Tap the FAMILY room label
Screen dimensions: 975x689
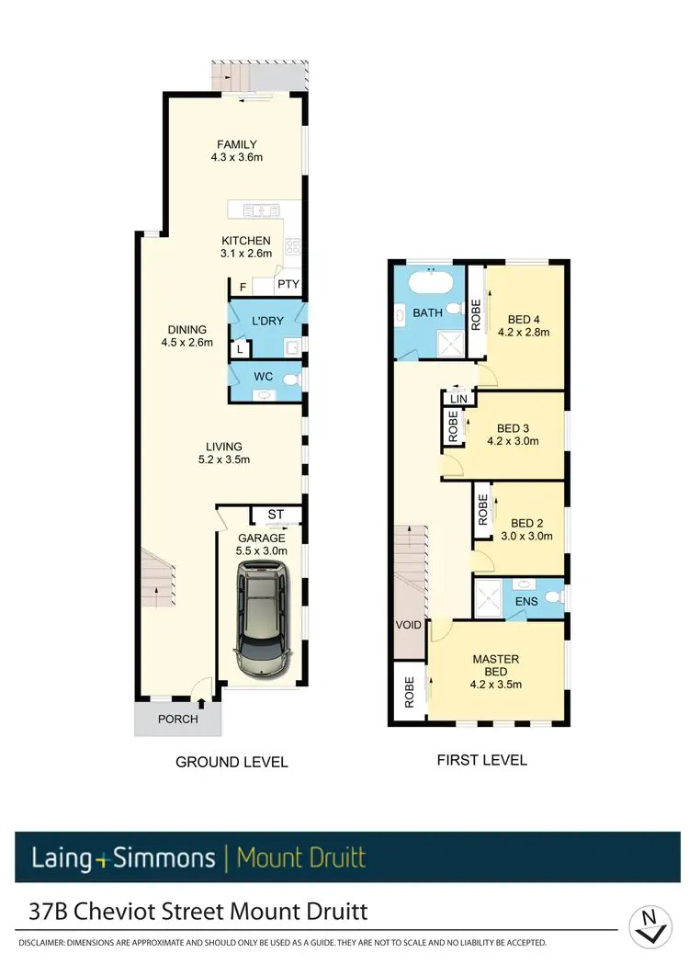coord(236,144)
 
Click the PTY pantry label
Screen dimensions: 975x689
coord(288,286)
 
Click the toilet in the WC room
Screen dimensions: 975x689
coord(292,379)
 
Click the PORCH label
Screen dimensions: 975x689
coord(178,719)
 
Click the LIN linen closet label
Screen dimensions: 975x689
coord(458,399)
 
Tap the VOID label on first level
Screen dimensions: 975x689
coord(408,625)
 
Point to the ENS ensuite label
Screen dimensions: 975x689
coord(525,602)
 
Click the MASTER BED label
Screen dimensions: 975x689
coord(495,665)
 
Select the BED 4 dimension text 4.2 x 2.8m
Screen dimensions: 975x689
coord(523,333)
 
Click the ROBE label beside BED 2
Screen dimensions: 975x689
coord(483,510)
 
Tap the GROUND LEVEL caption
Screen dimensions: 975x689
coord(232,762)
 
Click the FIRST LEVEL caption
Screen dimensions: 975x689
coord(481,760)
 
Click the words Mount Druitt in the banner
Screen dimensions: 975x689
coord(301,858)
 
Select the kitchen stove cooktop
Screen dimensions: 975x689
coord(293,246)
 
